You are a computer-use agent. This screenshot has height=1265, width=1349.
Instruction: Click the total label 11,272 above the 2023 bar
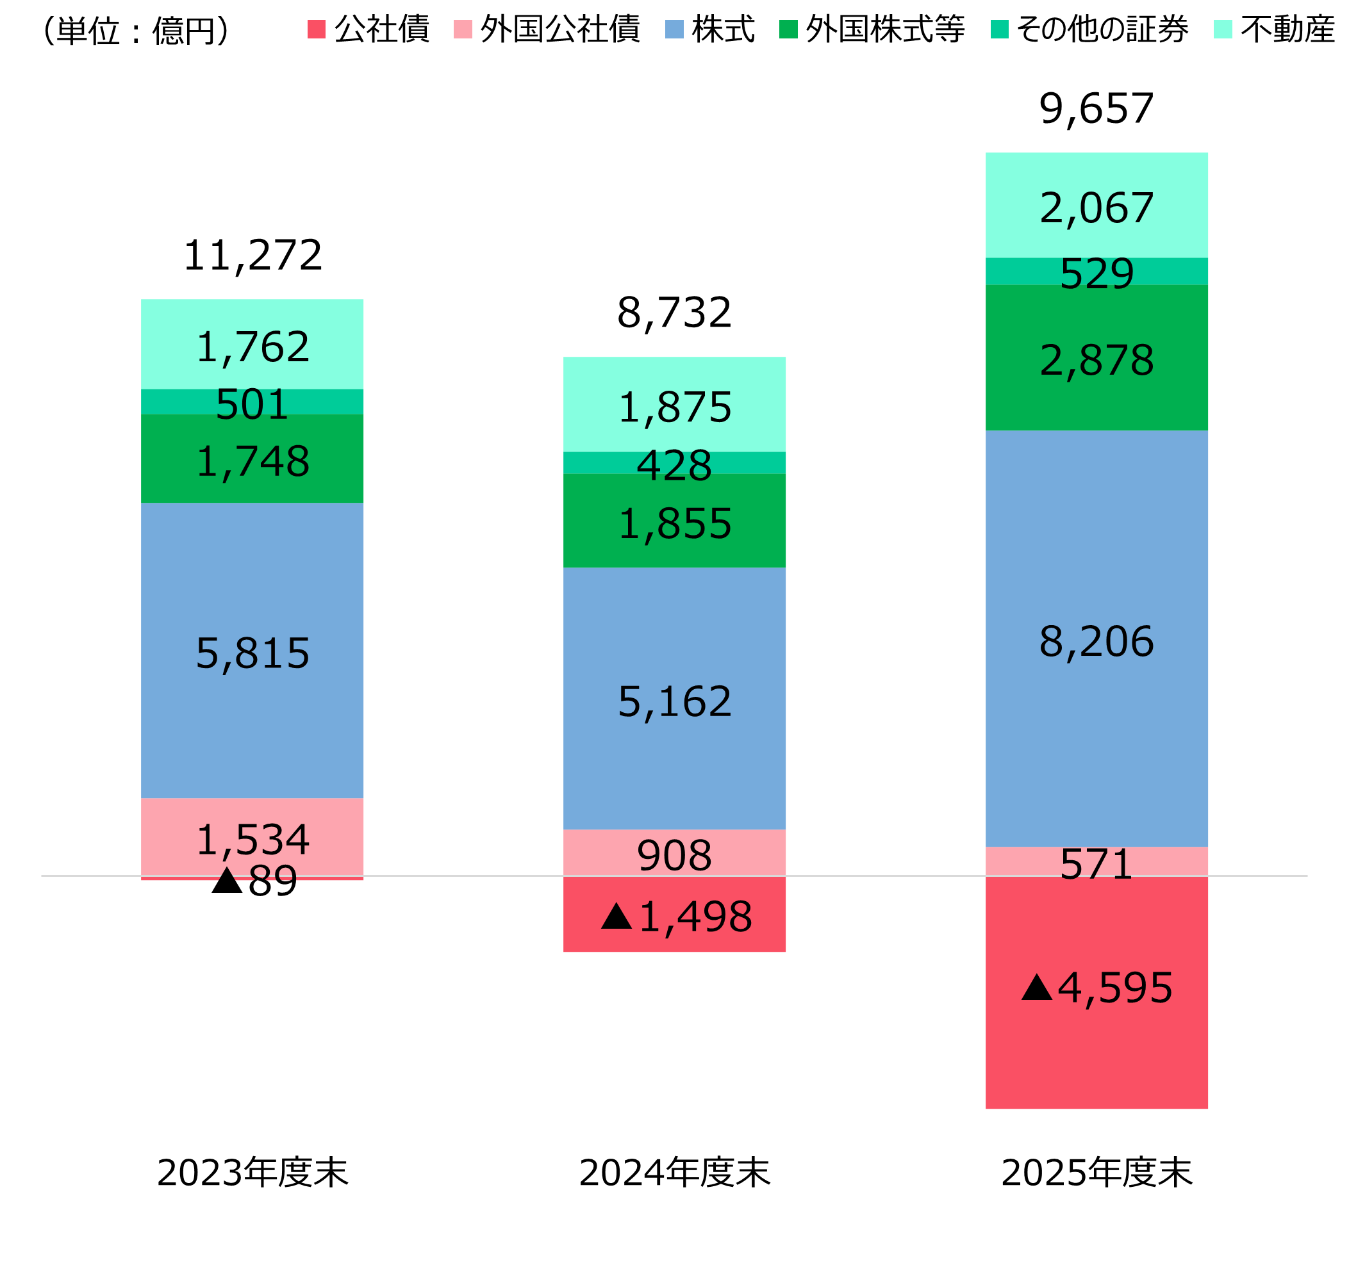click(252, 256)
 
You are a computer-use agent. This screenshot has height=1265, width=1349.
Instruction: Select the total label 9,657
click(1096, 108)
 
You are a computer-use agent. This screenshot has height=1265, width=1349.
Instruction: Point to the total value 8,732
click(674, 313)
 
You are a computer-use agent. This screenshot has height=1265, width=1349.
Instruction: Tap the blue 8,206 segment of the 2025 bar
click(1096, 639)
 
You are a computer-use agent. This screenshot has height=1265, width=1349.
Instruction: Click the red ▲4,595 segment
click(1096, 992)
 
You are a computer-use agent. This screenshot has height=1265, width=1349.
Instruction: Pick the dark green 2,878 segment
click(1096, 357)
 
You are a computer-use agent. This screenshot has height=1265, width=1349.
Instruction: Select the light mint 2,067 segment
click(1096, 205)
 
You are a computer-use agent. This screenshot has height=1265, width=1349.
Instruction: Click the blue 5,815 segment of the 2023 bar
click(252, 650)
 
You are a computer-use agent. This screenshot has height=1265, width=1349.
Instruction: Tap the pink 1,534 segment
click(252, 837)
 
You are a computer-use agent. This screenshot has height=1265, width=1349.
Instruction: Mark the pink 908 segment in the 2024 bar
click(674, 853)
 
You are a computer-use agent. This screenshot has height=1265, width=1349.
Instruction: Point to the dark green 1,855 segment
click(674, 520)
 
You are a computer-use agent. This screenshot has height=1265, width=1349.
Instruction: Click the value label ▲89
click(254, 882)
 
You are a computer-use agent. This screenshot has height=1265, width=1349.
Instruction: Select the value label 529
click(1096, 274)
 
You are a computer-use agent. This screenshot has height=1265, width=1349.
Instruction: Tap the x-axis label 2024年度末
click(674, 1173)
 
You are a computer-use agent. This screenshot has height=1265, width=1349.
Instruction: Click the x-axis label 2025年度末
click(1097, 1173)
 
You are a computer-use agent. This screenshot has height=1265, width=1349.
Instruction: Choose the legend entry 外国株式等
click(872, 30)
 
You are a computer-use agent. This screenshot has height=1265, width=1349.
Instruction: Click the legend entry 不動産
click(1273, 30)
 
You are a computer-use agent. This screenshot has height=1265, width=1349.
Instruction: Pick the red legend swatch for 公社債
click(316, 30)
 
